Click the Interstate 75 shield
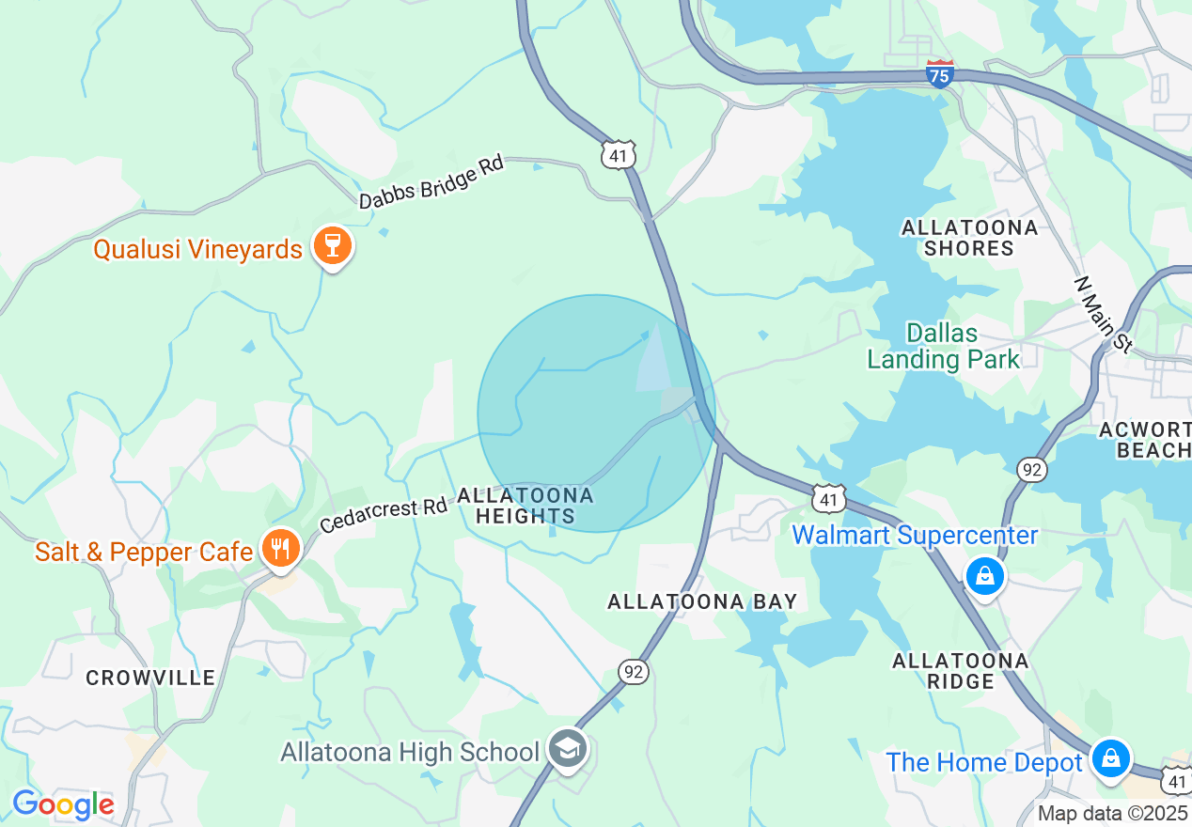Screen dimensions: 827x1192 [939, 73]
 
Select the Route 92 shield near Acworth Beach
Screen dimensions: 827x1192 [1033, 468]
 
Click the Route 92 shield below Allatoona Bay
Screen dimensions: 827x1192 [634, 671]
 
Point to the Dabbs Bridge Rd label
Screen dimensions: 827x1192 [431, 182]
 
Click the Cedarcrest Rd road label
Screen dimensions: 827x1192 [384, 514]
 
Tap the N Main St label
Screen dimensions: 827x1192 [1104, 315]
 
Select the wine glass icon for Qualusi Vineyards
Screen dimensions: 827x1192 [331, 246]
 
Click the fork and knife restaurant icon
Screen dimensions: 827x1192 [280, 549]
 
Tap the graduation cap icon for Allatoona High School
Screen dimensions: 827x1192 [569, 749]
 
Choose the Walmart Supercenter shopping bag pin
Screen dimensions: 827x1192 [984, 574]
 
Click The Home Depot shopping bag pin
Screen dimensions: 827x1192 [1110, 757]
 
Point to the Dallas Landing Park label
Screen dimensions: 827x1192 [943, 346]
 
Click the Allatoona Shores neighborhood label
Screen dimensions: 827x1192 [969, 238]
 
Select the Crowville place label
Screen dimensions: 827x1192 [150, 678]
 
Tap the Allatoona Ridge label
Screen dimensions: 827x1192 [960, 671]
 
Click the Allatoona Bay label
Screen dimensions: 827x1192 [702, 601]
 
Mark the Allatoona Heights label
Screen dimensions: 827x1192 [525, 506]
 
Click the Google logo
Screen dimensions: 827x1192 [62, 804]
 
